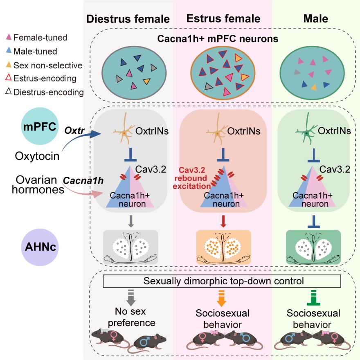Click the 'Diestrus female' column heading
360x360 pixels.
(x=127, y=19)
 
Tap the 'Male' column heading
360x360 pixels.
(x=314, y=19)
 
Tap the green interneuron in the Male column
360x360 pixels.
(x=307, y=131)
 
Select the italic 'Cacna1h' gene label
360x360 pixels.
(x=77, y=180)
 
